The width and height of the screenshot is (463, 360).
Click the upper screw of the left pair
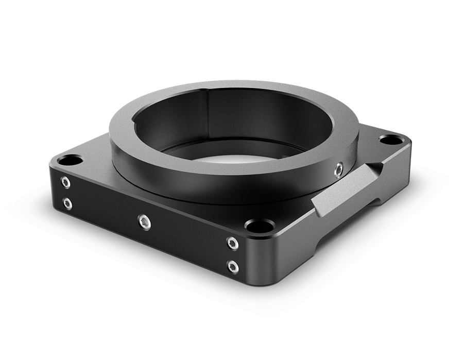tap(65, 182)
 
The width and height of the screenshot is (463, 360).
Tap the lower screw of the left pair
tap(67, 204)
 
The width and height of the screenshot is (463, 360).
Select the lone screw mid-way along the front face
tap(145, 222)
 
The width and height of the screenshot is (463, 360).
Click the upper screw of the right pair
tap(233, 243)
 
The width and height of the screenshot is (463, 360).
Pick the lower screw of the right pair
tap(233, 266)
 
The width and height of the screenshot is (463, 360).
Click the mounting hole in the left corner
tap(70, 160)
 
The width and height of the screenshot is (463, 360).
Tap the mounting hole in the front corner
tap(259, 225)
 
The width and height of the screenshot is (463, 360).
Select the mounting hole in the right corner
tap(391, 139)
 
